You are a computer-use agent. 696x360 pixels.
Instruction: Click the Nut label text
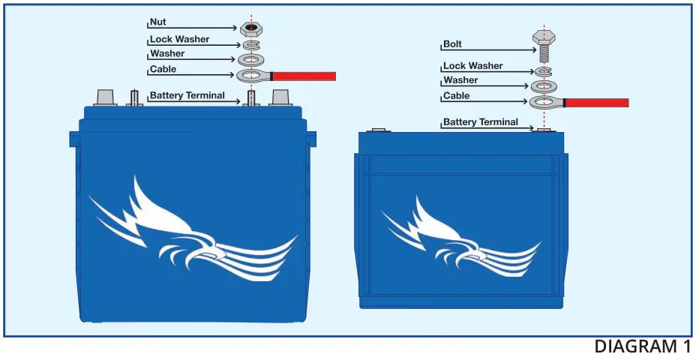coord(158,22)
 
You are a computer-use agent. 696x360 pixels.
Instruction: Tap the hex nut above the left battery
coord(250,29)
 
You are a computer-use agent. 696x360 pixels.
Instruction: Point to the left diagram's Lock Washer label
coord(179,39)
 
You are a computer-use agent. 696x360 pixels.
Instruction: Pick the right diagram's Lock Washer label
coord(472,66)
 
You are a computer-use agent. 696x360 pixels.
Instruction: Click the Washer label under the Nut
coord(167,54)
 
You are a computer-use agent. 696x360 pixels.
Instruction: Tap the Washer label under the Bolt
coord(460,80)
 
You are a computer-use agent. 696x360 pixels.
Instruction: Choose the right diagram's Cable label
coord(457,96)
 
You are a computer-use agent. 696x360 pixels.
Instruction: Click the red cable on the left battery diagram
coord(303,76)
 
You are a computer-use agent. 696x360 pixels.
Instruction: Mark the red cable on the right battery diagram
coord(596,102)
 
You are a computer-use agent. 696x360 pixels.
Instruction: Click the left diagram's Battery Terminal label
coord(187,96)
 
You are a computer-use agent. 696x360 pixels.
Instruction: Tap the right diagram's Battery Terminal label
coord(480,121)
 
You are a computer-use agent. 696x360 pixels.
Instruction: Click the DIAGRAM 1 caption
coord(642,346)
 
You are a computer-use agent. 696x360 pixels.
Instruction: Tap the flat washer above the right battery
coord(543,86)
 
